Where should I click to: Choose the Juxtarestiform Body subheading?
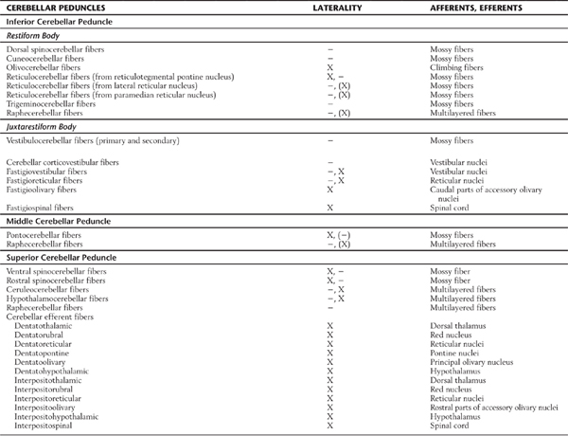point(43,125)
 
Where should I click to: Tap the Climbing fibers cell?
point(453,68)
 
